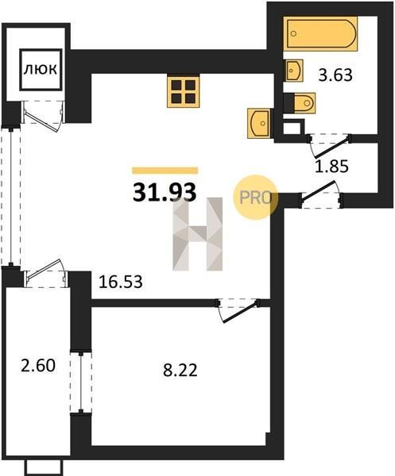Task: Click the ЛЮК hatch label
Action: tap(41, 70)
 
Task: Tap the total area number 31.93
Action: tap(165, 193)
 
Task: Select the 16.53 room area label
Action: tap(121, 282)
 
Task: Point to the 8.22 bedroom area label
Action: tap(180, 370)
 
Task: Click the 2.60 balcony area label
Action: tap(38, 365)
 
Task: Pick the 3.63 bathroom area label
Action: tap(335, 75)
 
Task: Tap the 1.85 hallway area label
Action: tap(331, 167)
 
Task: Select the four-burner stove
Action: tap(184, 91)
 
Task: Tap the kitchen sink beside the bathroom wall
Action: tap(259, 123)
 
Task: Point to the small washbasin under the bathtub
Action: tap(294, 71)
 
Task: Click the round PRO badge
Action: tap(255, 198)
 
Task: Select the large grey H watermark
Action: tap(198, 234)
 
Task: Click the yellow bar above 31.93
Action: tap(165, 171)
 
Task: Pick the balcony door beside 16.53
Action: tap(45, 273)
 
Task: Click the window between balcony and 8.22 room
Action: tap(81, 382)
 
